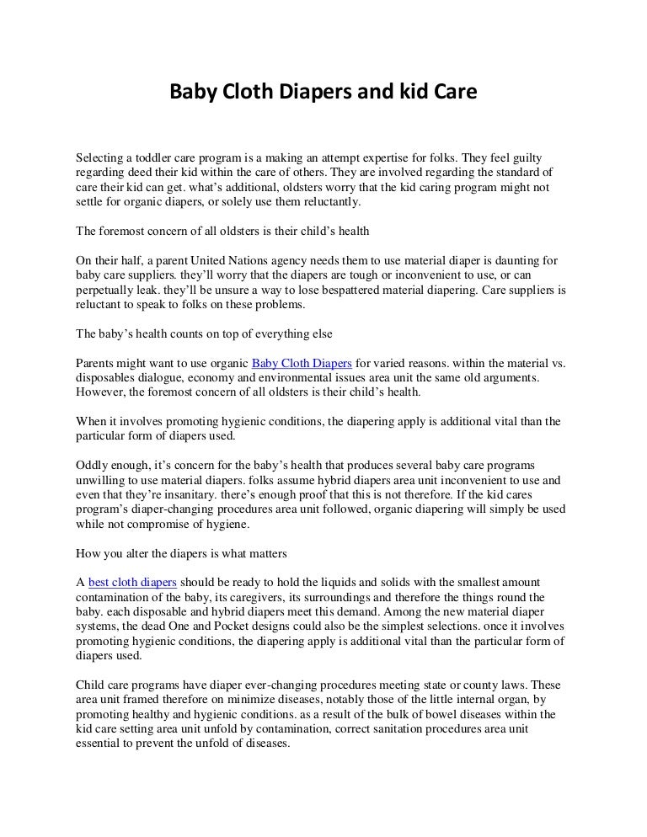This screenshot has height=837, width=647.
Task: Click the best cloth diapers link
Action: click(132, 582)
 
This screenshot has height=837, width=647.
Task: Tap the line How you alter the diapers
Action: click(181, 553)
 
